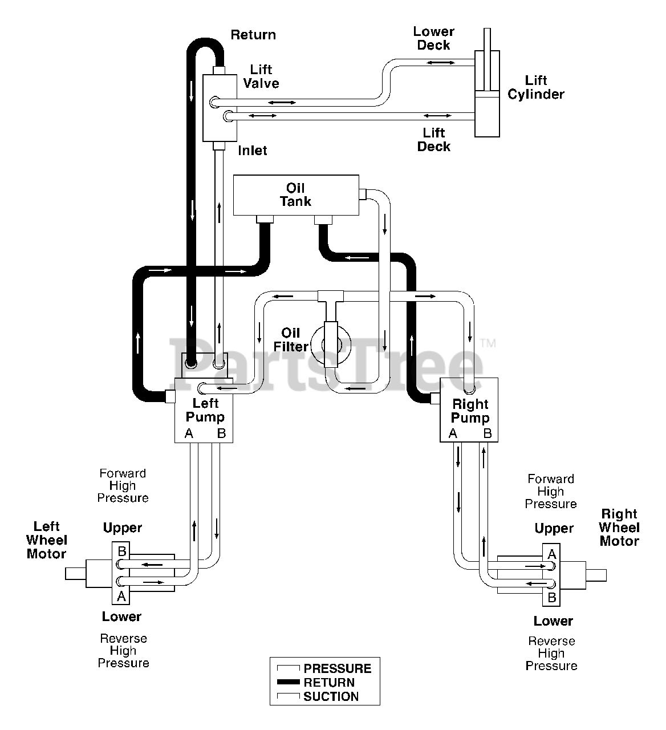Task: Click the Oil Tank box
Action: pos(296,195)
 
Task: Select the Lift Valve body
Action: pos(220,108)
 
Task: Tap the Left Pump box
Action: pos(204,411)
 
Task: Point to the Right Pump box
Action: pos(469,410)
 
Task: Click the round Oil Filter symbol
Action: pos(331,344)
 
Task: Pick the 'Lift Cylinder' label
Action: pos(536,87)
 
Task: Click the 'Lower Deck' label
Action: pos(434,38)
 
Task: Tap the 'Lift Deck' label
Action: pos(434,139)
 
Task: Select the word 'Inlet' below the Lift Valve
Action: pos(253,151)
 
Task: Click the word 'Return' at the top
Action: pos(253,35)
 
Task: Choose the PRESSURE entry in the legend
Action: pos(324,668)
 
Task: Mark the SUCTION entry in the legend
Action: pos(318,696)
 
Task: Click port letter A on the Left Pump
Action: pos(189,433)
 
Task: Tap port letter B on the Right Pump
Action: pos(488,433)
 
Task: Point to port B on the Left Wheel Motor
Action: pos(122,551)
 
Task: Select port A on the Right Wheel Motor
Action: pos(552,554)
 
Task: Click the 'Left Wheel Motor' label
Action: pos(47,540)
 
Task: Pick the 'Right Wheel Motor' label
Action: pos(619,528)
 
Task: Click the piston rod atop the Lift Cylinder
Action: pos(488,39)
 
